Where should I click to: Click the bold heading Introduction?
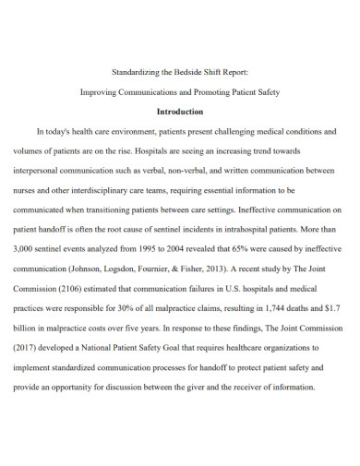[x=179, y=110]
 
